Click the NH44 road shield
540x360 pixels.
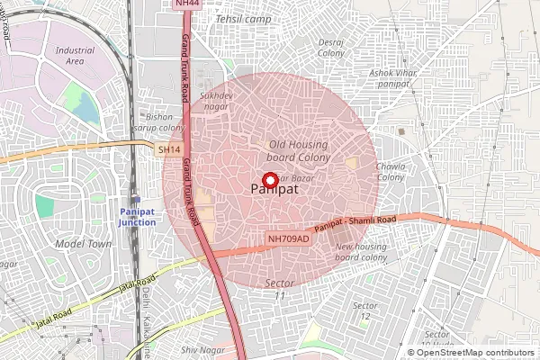186,4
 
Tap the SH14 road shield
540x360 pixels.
169,149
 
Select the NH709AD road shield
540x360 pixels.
288,238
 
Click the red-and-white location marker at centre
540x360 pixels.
267,179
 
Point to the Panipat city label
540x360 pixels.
267,191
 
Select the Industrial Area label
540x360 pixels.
75,56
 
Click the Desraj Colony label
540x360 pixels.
331,48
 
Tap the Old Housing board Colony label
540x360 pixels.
300,150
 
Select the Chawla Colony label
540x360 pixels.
391,171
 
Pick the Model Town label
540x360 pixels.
83,244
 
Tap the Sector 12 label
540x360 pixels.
364,310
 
